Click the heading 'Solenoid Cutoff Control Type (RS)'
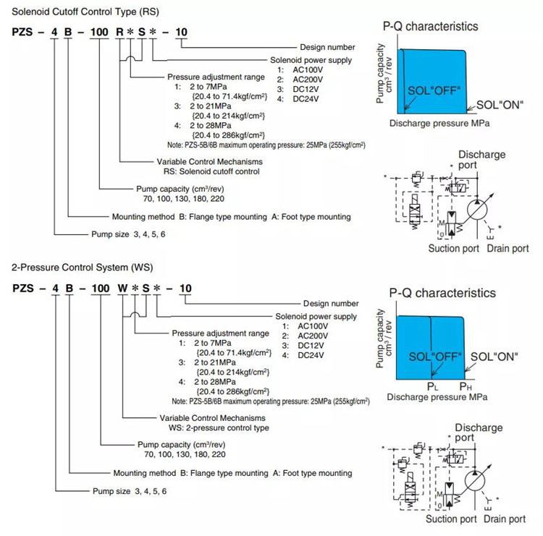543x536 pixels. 85,12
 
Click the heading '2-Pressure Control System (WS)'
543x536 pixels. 82,268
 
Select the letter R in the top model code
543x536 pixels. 119,32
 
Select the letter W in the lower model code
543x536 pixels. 122,289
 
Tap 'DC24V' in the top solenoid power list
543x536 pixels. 306,99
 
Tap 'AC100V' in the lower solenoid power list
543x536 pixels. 313,326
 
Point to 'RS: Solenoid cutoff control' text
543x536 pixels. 211,171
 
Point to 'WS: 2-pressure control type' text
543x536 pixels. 219,428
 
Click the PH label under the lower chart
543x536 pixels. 466,386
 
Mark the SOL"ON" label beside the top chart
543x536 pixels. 500,105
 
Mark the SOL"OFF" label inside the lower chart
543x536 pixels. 435,357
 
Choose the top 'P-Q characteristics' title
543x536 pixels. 431,26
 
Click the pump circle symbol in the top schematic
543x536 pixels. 477,210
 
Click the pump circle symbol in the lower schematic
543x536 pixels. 475,480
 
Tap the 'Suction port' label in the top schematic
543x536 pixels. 454,248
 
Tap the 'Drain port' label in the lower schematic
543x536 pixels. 505,519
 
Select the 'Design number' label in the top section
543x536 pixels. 327,48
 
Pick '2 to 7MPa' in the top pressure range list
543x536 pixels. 208,87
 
